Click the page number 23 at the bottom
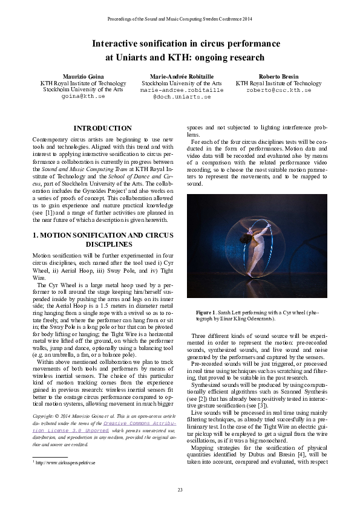[x=180, y=489]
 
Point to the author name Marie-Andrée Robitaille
[x=182, y=76]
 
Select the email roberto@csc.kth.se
[x=278, y=89]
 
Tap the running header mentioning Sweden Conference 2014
[x=180, y=20]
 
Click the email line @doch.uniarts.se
[x=182, y=96]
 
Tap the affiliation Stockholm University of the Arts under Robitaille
[x=182, y=83]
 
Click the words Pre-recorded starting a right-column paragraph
[x=211, y=366]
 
